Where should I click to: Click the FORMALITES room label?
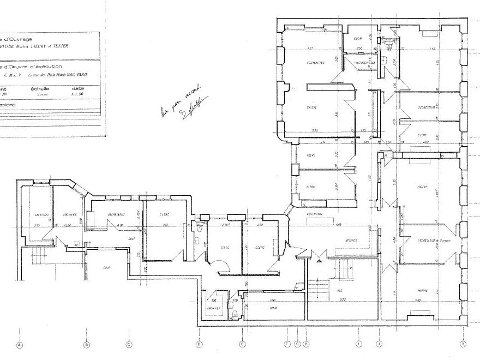pos(316,63)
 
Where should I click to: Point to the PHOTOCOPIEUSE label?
pos(365,63)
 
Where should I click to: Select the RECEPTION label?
pos(315,214)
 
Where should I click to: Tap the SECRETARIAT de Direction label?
pos(433,241)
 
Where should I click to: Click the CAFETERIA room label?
pos(41,214)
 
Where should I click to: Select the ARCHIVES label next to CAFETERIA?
pos(69,214)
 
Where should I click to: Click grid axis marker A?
pos(20,344)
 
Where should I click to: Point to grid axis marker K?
pos(463,344)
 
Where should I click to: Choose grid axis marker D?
pos(199,344)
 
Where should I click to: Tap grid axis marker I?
pos(358,344)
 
